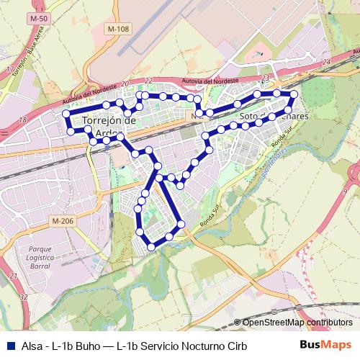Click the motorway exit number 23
click(266, 77)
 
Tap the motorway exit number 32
click(24, 296)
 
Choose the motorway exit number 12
click(9, 69)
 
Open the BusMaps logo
click(325, 346)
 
